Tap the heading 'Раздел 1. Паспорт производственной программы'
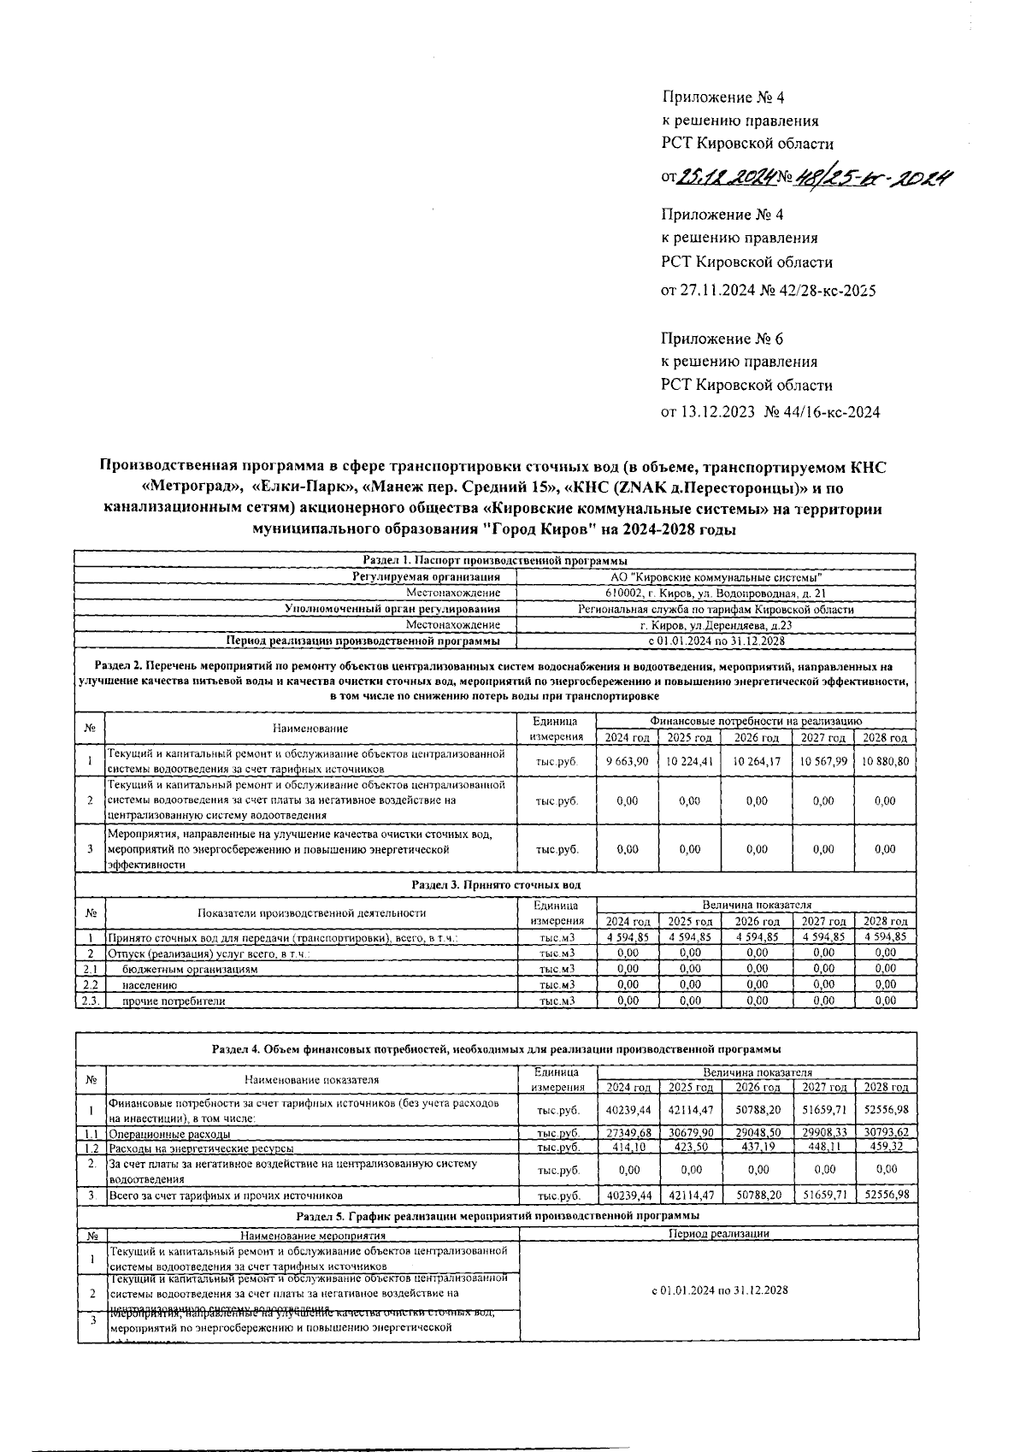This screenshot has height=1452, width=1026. click(495, 561)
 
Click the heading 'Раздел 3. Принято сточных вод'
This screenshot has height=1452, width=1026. click(495, 885)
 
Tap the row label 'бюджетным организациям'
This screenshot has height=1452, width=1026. click(190, 969)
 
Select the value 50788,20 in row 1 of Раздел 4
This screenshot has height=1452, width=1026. click(757, 1110)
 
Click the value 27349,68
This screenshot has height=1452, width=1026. click(627, 1132)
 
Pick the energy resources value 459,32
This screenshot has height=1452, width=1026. click(885, 1148)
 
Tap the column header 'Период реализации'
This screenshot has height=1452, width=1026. click(718, 1234)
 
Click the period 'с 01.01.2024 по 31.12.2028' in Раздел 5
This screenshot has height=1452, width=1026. click(718, 1290)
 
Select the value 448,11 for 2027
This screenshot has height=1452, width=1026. click(823, 1148)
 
